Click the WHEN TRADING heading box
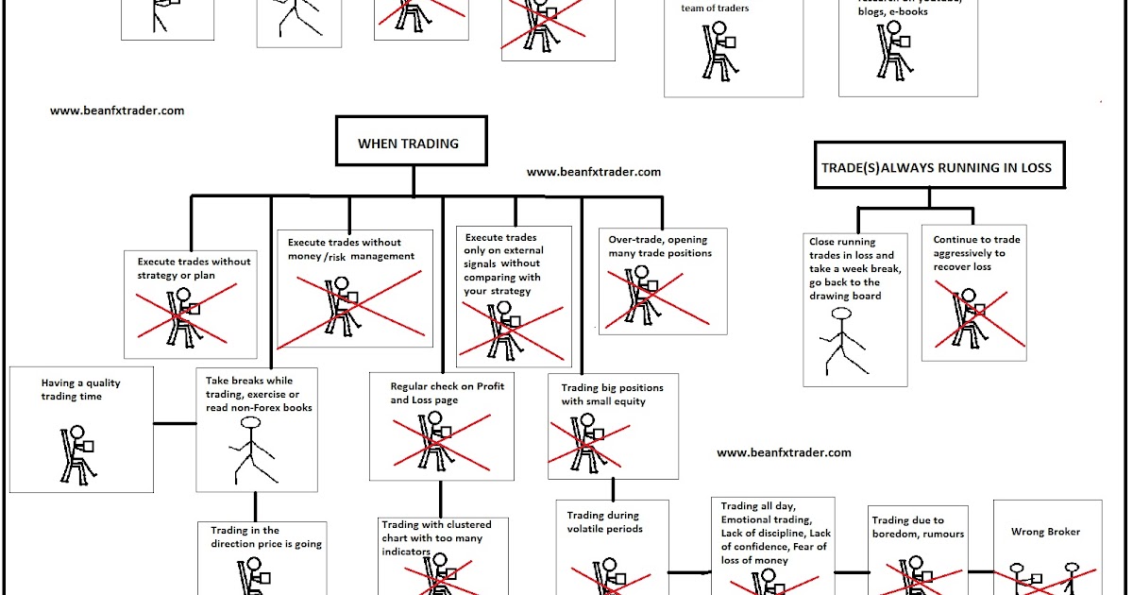pos(408,144)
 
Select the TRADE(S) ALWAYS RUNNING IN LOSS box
pos(939,168)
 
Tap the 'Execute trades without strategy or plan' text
pos(194,267)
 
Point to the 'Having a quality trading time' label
pos(81,390)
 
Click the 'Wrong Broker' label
pos(1045,532)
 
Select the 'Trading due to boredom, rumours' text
pos(907,527)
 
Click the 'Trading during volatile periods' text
pos(603,522)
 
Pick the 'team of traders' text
pos(714,8)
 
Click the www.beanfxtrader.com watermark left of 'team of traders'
pos(117,110)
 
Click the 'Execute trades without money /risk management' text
pos(351,249)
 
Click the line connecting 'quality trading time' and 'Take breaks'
pos(175,423)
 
